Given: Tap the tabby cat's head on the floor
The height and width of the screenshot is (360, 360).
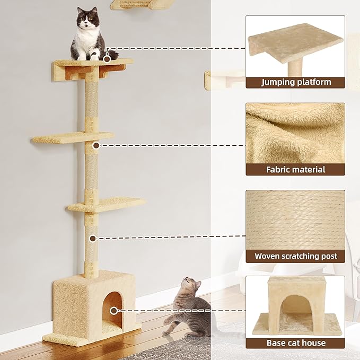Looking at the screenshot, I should click(190, 287).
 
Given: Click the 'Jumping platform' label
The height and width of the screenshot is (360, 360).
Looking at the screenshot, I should click(296, 82).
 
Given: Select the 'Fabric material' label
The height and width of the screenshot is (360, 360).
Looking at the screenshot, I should click(296, 170).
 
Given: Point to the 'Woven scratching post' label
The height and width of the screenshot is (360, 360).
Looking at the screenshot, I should click(296, 256).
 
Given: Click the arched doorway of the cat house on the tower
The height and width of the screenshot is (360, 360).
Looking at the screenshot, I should click(112, 307).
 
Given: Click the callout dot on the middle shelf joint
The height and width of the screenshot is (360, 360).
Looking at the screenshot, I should click(96, 145).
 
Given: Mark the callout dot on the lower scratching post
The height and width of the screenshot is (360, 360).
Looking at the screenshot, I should click(93, 238).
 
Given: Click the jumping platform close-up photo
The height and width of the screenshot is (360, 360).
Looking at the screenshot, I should click(295, 46).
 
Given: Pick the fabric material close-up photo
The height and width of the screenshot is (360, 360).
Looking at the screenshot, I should click(295, 133).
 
